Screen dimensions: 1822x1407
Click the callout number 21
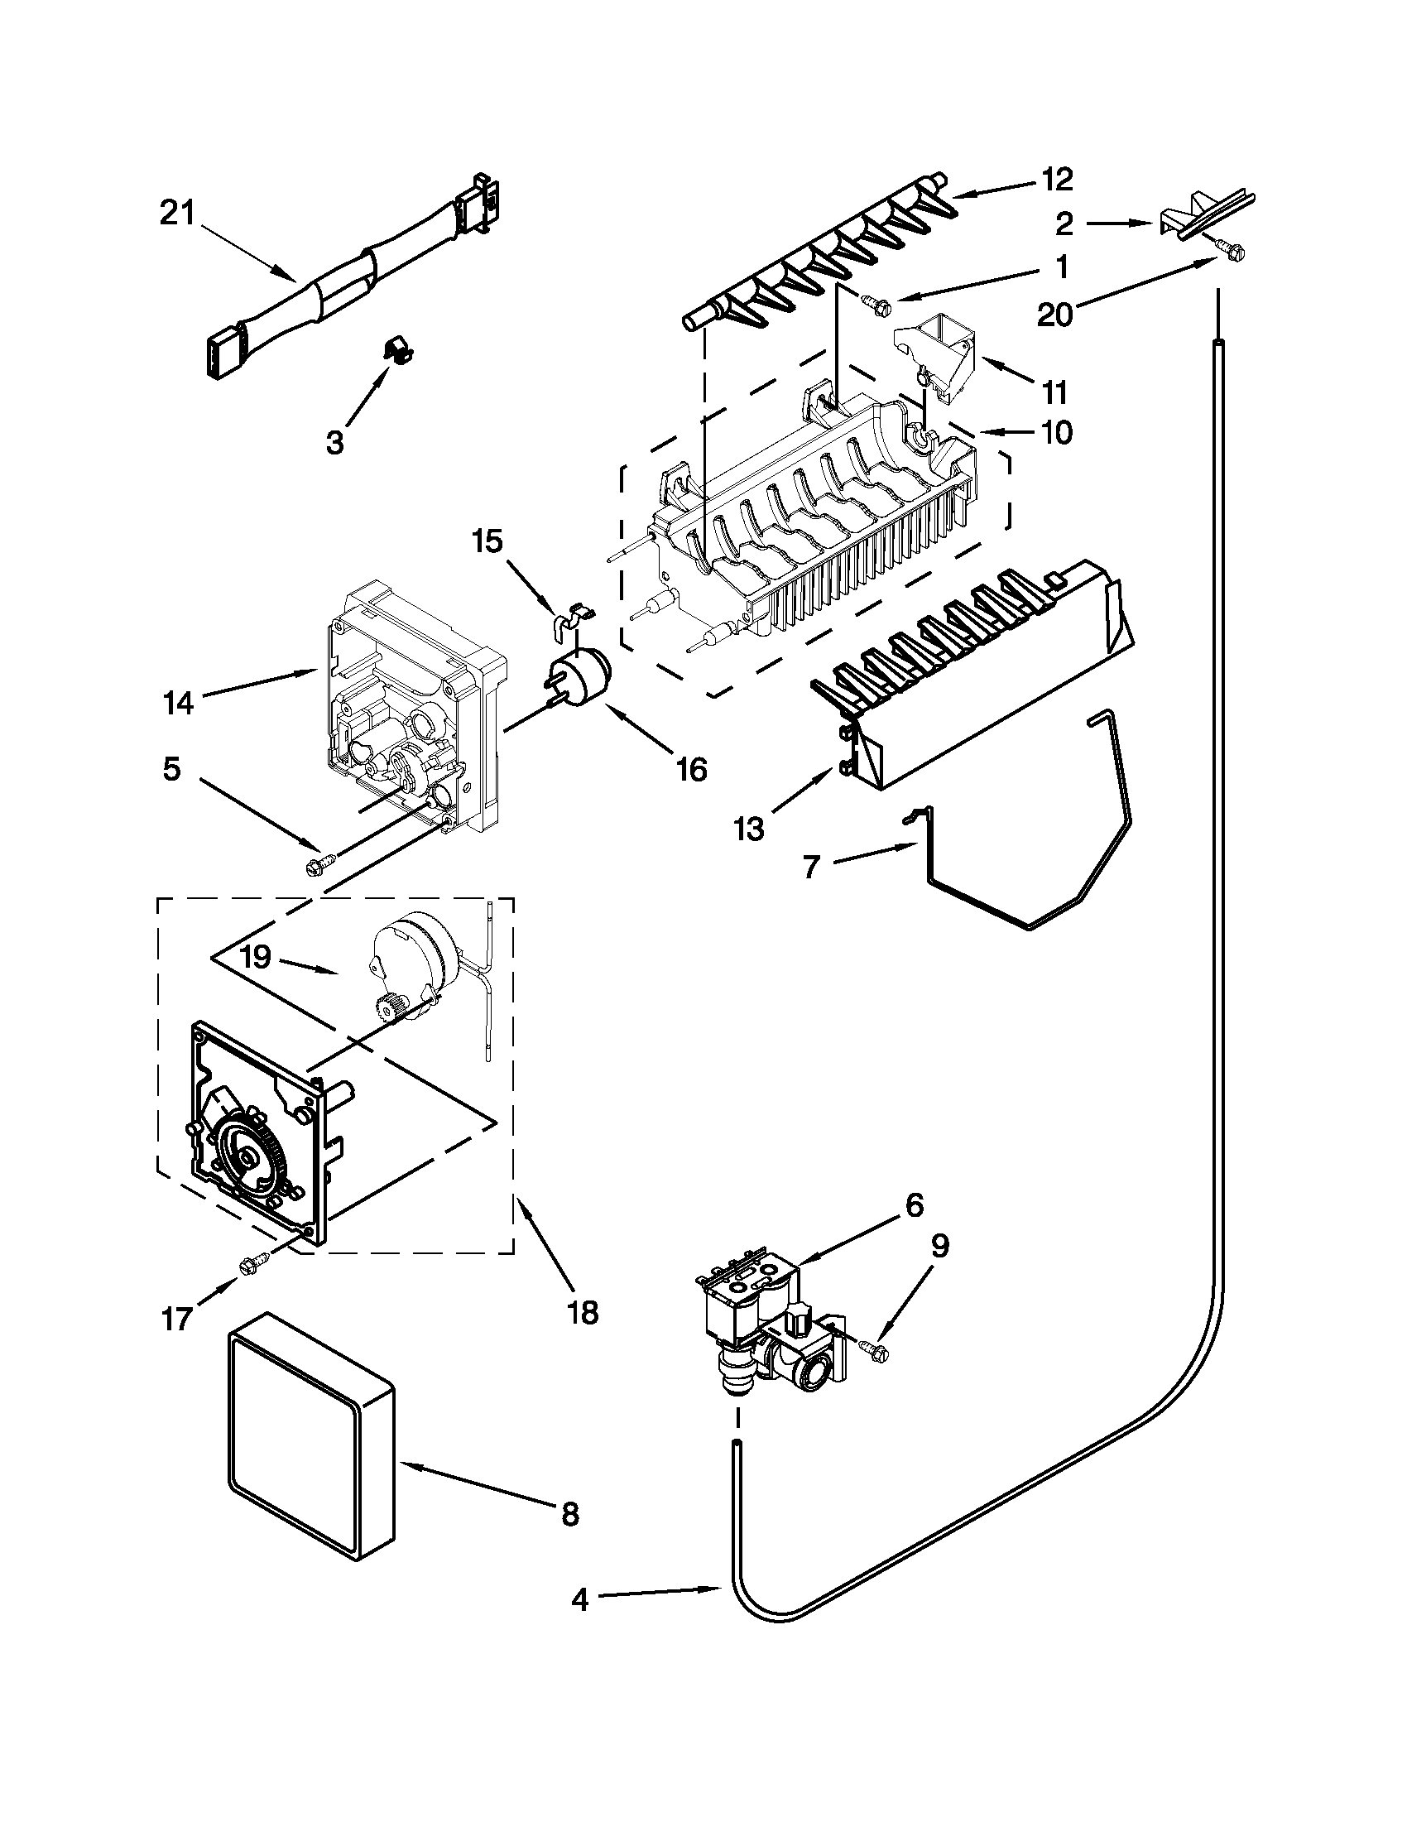[176, 214]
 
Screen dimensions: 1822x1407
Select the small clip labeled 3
[400, 351]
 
